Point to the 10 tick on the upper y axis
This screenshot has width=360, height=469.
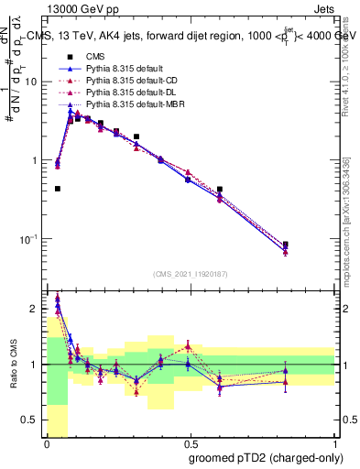pos(30,82)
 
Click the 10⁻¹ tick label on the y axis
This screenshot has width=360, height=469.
pos(28,239)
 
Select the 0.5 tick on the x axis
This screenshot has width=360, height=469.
pos(190,442)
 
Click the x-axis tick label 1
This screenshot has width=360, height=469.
pos(333,442)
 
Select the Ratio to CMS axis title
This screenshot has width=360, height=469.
pos(13,365)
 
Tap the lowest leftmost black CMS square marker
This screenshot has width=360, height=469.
pos(58,189)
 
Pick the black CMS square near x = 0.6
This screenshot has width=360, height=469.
pos(220,190)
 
